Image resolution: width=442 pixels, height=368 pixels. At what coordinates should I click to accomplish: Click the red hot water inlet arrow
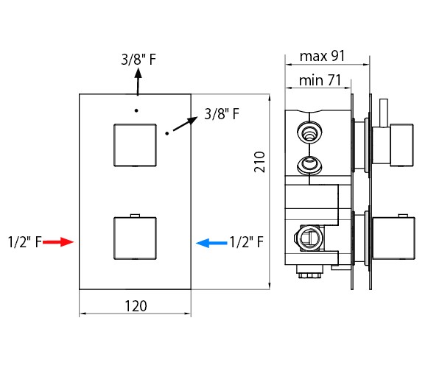pyautogui.click(x=58, y=242)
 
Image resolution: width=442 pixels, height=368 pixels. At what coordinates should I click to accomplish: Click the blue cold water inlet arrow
pyautogui.click(x=211, y=243)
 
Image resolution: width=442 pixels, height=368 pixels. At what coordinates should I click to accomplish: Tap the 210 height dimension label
pyautogui.click(x=259, y=162)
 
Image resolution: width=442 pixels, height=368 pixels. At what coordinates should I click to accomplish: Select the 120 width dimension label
pyautogui.click(x=136, y=306)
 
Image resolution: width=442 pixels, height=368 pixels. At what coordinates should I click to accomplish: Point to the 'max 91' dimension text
pyautogui.click(x=322, y=56)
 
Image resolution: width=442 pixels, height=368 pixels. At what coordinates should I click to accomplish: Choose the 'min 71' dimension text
pyautogui.click(x=320, y=80)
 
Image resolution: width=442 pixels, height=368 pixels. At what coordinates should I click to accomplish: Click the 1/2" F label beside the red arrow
pyautogui.click(x=25, y=242)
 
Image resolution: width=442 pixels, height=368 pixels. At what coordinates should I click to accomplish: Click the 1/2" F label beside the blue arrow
pyautogui.click(x=247, y=242)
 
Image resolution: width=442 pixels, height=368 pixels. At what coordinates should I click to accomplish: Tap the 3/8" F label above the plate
pyautogui.click(x=138, y=60)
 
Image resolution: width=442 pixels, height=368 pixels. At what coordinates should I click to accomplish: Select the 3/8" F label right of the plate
pyautogui.click(x=222, y=114)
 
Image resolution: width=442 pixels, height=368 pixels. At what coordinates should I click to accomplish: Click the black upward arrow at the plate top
pyautogui.click(x=138, y=82)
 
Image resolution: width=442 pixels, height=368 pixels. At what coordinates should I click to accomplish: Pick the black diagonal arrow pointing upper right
pyautogui.click(x=185, y=124)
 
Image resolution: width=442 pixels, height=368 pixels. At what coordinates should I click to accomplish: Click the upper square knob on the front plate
pyautogui.click(x=135, y=145)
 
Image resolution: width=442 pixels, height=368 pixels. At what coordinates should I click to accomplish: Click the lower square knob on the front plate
pyautogui.click(x=135, y=238)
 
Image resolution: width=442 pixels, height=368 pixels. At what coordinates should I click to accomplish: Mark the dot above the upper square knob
pyautogui.click(x=136, y=110)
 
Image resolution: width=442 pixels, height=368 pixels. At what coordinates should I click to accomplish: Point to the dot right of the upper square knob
pyautogui.click(x=167, y=133)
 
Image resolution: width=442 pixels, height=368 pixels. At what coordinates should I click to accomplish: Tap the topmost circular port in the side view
pyautogui.click(x=309, y=132)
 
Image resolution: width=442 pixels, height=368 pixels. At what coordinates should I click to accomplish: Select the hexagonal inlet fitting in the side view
pyautogui.click(x=309, y=238)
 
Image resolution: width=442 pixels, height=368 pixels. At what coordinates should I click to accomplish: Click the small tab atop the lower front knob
pyautogui.click(x=136, y=216)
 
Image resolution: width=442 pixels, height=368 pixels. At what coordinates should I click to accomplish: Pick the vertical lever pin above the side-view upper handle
pyautogui.click(x=384, y=113)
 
